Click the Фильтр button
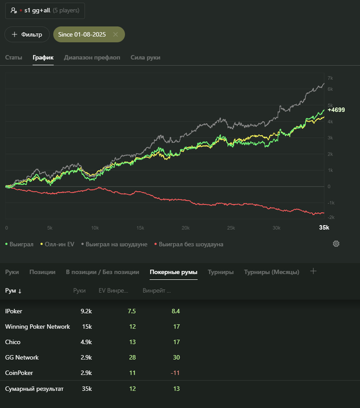pyautogui.click(x=27, y=34)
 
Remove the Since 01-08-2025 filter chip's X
pyautogui.click(x=115, y=34)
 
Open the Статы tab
pyautogui.click(x=13, y=58)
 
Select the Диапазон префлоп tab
pyautogui.click(x=92, y=58)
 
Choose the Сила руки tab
pyautogui.click(x=146, y=58)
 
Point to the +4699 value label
pyautogui.click(x=336, y=110)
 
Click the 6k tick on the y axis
pyautogui.click(x=330, y=89)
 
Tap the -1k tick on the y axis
pyautogui.click(x=331, y=203)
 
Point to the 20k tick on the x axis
pyautogui.click(x=185, y=228)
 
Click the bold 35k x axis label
pyautogui.click(x=324, y=227)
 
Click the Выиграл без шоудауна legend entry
pyautogui.click(x=189, y=244)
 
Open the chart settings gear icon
pyautogui.click(x=336, y=244)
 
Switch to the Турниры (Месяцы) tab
pyautogui.click(x=271, y=272)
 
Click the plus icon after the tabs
pyautogui.click(x=313, y=271)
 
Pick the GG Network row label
pyautogui.click(x=22, y=357)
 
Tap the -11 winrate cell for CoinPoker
pyautogui.click(x=175, y=373)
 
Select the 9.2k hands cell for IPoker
pyautogui.click(x=86, y=311)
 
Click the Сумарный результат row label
pyautogui.click(x=34, y=389)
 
